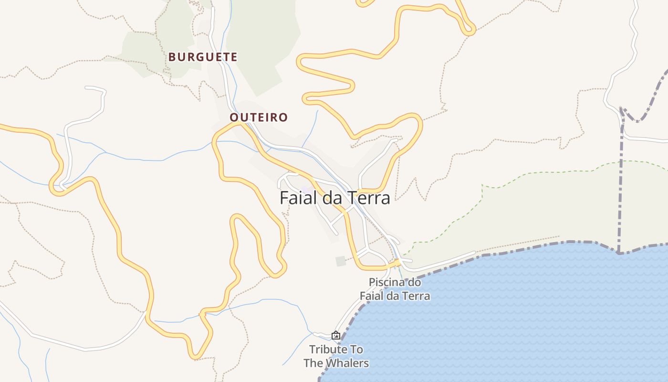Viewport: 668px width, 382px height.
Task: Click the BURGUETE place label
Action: (203, 57)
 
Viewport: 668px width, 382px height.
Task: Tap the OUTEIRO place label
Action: (259, 117)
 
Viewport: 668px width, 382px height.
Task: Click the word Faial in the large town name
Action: (298, 198)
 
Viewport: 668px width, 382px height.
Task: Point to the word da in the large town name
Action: (332, 198)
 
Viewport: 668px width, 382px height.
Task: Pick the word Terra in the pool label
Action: (415, 296)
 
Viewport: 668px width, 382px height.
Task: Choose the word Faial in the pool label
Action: (372, 296)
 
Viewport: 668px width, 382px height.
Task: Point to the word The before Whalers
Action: (313, 363)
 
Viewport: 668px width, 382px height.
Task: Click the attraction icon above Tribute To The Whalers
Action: (336, 336)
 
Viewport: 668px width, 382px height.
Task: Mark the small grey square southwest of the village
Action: (341, 261)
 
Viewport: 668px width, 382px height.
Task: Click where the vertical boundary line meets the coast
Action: (618, 252)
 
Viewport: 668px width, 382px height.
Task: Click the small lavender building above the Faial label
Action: (306, 190)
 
